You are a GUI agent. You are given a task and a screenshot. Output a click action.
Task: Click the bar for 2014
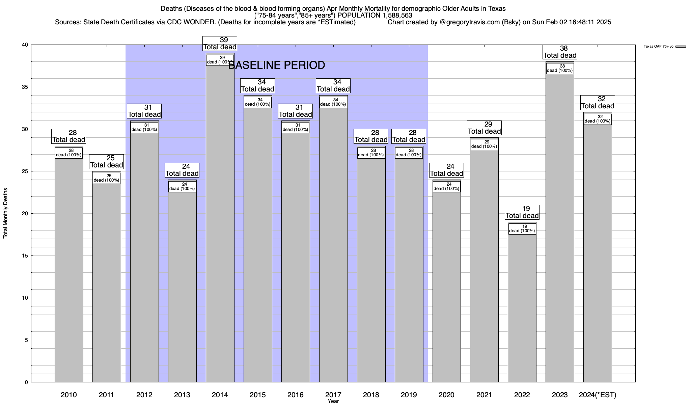[x=220, y=223]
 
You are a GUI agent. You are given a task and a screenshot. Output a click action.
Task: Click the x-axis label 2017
[x=333, y=395]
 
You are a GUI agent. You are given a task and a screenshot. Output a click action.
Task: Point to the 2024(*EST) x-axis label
[x=597, y=395]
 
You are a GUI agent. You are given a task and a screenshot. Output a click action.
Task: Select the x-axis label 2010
[x=69, y=395]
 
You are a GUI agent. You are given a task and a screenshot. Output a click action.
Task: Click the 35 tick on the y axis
[x=25, y=87]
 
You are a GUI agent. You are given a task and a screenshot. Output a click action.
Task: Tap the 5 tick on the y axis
[x=26, y=340]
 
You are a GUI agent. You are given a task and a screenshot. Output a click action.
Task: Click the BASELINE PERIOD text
[x=277, y=65]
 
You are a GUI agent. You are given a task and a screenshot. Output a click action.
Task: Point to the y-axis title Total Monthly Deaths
[x=5, y=213]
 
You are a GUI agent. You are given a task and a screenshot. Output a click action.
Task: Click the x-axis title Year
[x=333, y=401]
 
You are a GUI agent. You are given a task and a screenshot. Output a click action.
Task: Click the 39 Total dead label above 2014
[x=220, y=44]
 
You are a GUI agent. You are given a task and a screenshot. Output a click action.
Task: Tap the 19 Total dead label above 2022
[x=522, y=212]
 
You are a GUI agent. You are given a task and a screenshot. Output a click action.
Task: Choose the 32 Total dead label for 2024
[x=598, y=103]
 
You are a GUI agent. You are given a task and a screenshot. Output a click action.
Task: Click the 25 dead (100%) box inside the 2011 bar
[x=107, y=178]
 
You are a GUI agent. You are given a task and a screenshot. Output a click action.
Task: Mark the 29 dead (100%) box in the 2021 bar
[x=484, y=144]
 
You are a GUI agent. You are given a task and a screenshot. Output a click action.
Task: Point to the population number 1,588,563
[x=392, y=15]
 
